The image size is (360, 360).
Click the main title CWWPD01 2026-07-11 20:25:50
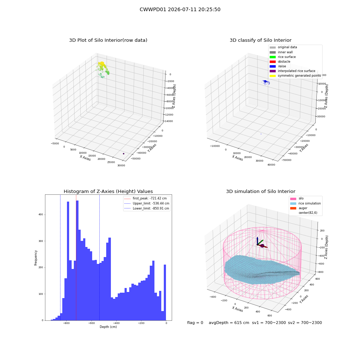(180, 9)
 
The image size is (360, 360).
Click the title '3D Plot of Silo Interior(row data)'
(108, 40)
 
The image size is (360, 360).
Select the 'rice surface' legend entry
(283, 57)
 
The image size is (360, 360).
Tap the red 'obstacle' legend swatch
(273, 62)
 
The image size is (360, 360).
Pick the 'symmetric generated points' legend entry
(295, 76)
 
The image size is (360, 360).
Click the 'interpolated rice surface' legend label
(296, 71)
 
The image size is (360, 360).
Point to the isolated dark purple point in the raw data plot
(123, 154)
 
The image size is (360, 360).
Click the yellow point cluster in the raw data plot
(102, 64)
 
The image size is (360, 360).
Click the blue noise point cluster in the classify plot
(266, 82)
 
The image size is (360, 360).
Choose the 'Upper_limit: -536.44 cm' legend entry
(147, 203)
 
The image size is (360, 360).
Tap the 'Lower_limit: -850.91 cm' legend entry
(147, 208)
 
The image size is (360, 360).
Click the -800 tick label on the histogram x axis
(66, 323)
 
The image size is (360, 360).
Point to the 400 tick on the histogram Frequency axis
(41, 215)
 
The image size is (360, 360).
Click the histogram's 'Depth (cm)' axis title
(108, 327)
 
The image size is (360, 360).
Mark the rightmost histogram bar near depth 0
(165, 292)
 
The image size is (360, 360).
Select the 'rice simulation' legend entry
(305, 203)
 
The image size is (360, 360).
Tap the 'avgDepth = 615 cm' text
(229, 323)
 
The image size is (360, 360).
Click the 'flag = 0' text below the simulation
(195, 323)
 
